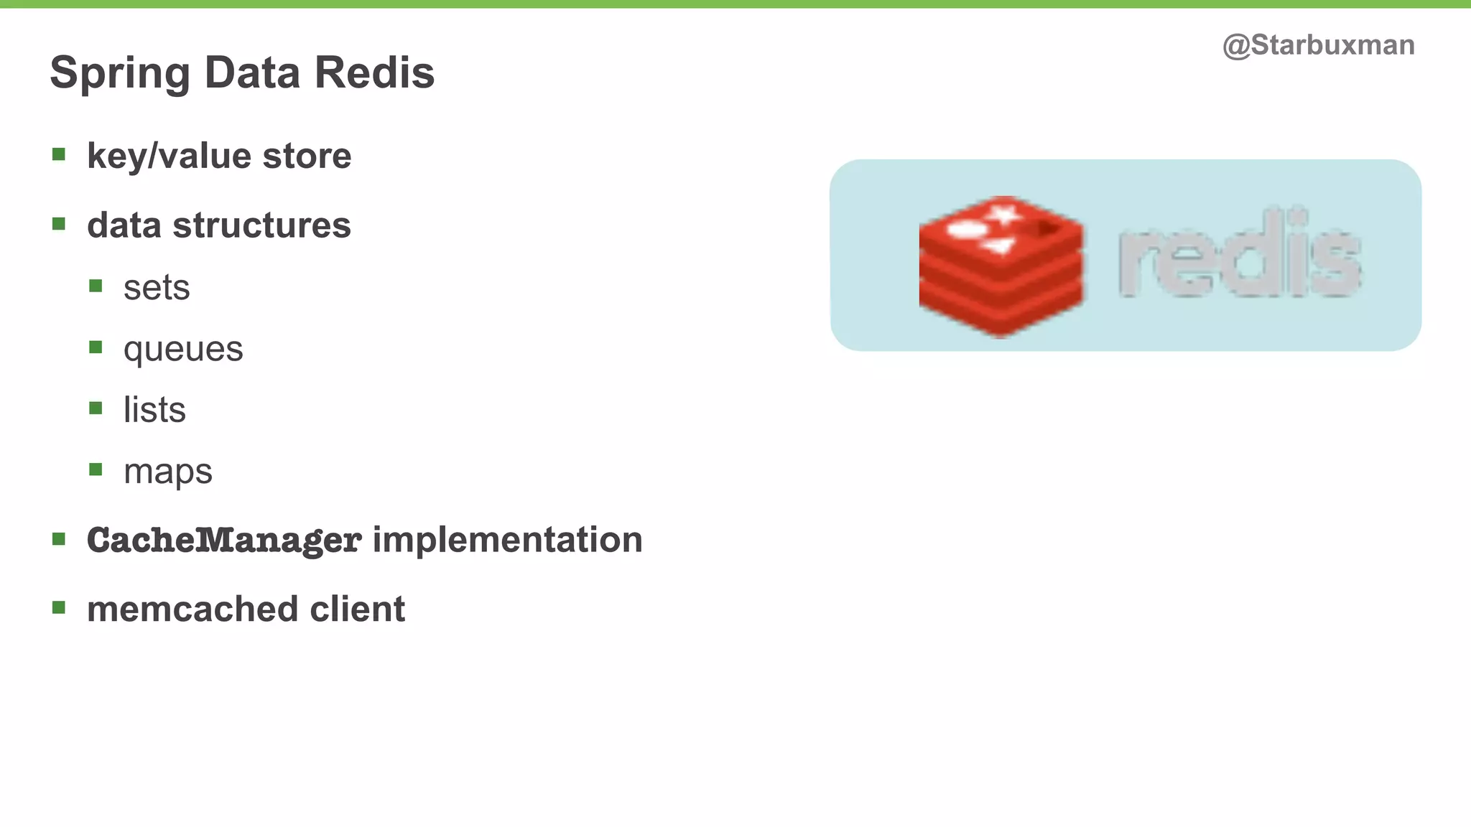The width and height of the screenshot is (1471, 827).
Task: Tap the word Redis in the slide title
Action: coord(374,73)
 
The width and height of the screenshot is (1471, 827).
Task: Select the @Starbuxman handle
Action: coord(1318,45)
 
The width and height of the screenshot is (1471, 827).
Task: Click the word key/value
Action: coord(169,156)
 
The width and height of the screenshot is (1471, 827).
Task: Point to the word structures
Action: coord(261,225)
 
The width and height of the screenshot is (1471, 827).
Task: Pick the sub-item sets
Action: coord(157,288)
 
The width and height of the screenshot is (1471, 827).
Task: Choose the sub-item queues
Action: coord(183,350)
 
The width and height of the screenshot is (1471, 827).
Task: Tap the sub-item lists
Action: coord(154,410)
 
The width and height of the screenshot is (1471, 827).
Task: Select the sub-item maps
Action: coord(168,472)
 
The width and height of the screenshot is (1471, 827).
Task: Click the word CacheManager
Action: coord(223,540)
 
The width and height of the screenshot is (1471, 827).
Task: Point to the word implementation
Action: coord(507,540)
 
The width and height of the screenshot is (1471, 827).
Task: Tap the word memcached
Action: coord(192,609)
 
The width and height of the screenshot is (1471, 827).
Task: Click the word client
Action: coord(357,609)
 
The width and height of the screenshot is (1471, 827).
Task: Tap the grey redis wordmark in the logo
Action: coord(1239,255)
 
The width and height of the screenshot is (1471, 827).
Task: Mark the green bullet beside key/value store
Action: coord(59,154)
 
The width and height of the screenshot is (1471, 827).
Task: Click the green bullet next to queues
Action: coord(96,347)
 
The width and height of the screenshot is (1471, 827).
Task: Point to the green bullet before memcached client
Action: coord(59,608)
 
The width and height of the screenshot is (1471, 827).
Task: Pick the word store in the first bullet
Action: coord(307,156)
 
